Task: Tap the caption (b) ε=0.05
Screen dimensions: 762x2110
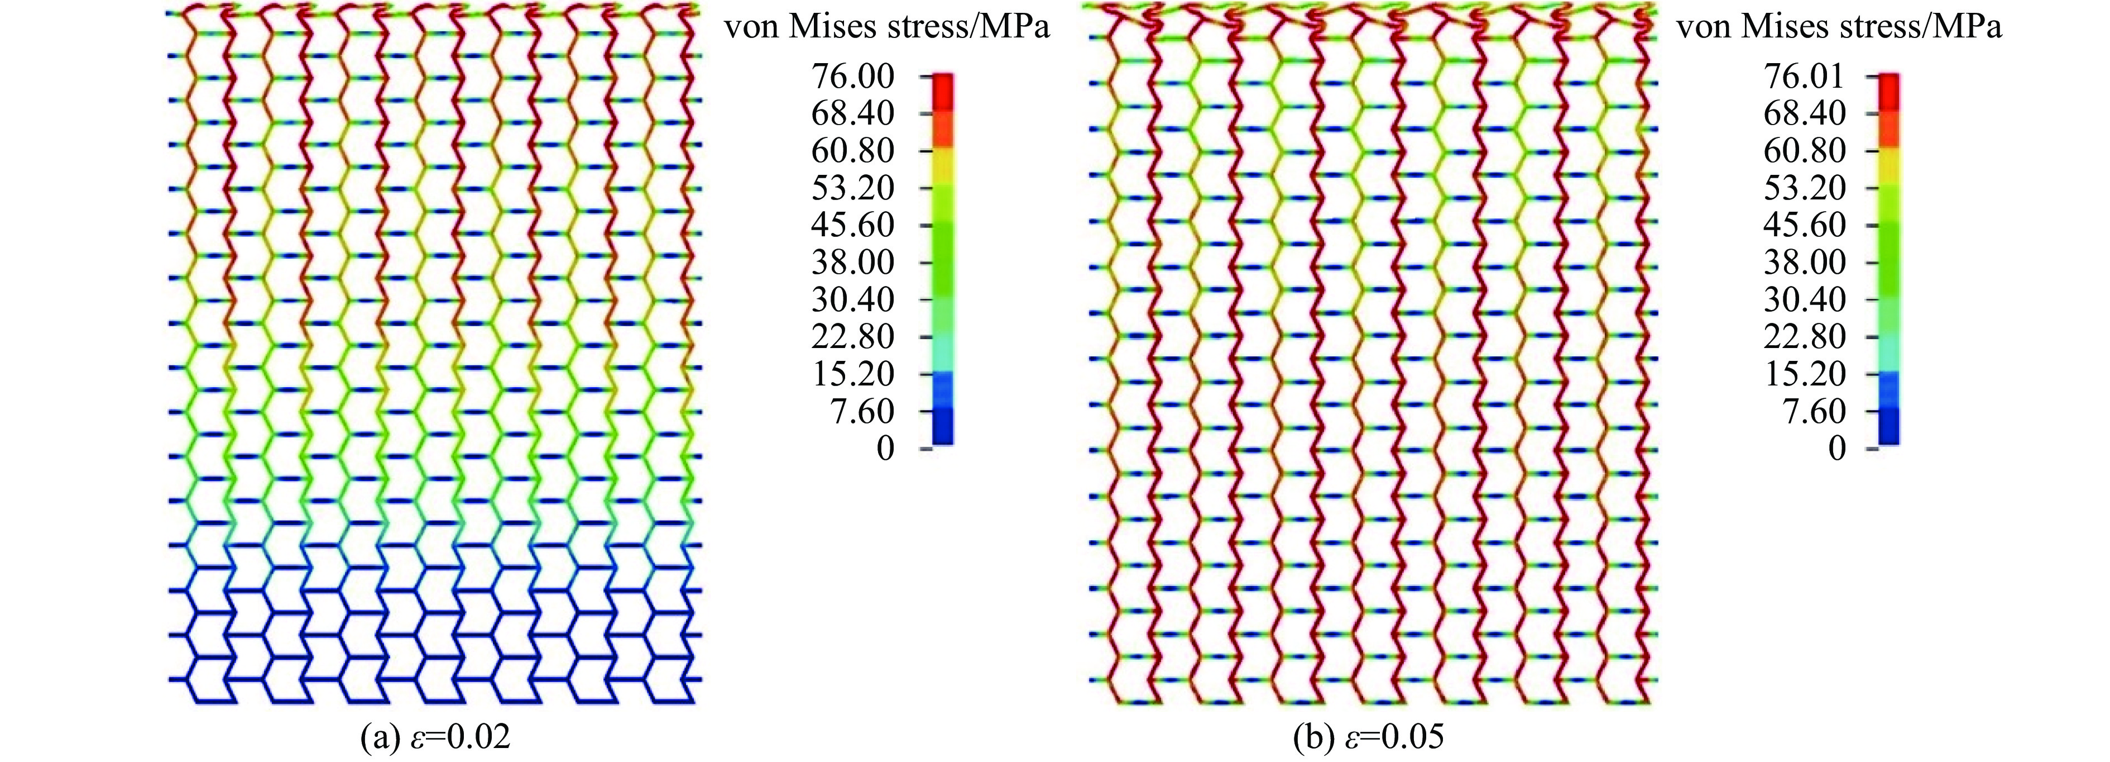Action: [1368, 738]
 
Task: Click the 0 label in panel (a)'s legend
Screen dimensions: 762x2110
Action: [885, 449]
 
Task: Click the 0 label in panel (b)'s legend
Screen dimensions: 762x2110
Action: [1837, 449]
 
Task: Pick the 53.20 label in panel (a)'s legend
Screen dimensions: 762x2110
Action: [852, 188]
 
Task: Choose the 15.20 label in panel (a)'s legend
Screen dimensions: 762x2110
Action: [852, 374]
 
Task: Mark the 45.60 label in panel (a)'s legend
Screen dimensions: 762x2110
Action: [852, 225]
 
